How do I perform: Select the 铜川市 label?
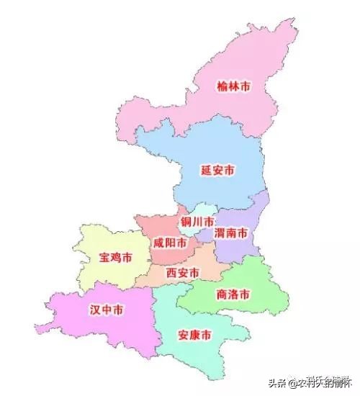[197, 221]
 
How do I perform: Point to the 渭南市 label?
[232, 234]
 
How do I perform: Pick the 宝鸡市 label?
[115, 257]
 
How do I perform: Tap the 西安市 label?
[183, 273]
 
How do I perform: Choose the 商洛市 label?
[233, 294]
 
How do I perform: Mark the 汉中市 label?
[106, 310]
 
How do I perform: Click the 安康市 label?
[194, 335]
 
